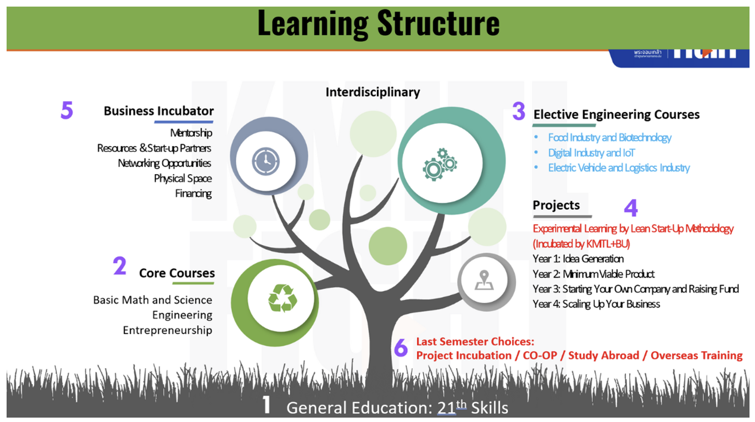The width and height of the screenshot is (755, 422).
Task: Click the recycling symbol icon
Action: point(282,298)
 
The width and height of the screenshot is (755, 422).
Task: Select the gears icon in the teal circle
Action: point(440,162)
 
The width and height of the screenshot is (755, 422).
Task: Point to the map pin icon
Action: point(484,280)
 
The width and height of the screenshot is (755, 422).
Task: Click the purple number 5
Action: point(66,110)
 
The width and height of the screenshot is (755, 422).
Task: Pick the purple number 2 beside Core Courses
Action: point(119,266)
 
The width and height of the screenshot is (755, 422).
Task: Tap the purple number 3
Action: point(518,112)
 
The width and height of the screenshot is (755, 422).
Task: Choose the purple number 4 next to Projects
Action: point(631,208)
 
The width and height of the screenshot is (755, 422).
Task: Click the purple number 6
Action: point(401,348)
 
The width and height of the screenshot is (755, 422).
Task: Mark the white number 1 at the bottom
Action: point(267,405)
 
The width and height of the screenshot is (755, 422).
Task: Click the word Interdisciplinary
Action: point(373,92)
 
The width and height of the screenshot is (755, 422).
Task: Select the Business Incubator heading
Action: point(158,111)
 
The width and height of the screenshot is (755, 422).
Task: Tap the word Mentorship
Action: point(191,133)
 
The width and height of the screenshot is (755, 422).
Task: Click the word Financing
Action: point(193,193)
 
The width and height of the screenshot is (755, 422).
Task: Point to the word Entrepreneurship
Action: point(167,330)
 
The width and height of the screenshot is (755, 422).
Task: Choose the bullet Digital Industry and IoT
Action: point(591,153)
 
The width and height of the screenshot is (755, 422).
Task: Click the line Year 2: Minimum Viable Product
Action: point(593,274)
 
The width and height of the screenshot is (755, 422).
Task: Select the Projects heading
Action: point(556,206)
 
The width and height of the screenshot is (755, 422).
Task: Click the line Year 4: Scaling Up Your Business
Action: point(596,304)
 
